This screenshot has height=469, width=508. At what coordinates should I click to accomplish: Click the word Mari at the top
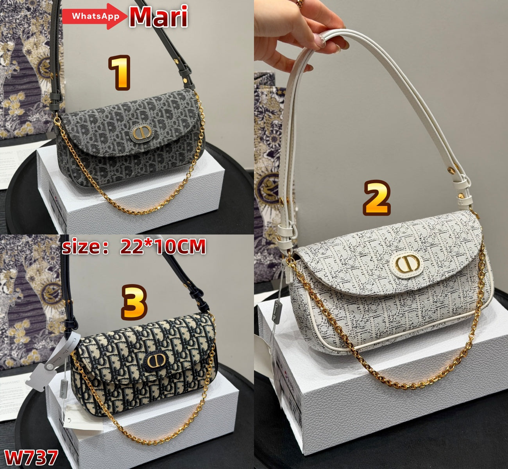[x=158, y=17]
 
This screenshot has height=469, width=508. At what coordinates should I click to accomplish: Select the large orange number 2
[x=377, y=199]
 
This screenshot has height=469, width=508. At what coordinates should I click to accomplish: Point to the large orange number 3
[x=134, y=301]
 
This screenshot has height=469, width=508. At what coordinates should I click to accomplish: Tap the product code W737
[x=31, y=457]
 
